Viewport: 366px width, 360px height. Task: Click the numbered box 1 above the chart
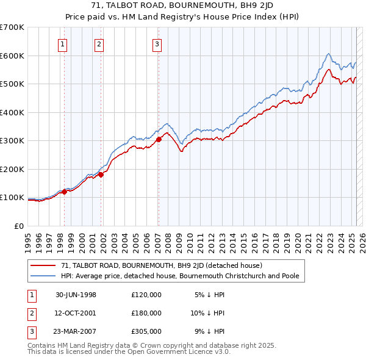click(x=63, y=43)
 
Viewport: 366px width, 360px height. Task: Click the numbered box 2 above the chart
click(x=99, y=43)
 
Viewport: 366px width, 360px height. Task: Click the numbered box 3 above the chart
click(x=157, y=43)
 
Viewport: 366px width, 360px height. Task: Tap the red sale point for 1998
click(x=64, y=192)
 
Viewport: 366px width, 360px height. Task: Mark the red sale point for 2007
click(x=159, y=140)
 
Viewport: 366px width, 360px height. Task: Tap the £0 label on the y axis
click(x=20, y=226)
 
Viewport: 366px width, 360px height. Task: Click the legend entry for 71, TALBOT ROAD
click(x=162, y=265)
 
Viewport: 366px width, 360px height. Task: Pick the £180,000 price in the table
click(x=146, y=313)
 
